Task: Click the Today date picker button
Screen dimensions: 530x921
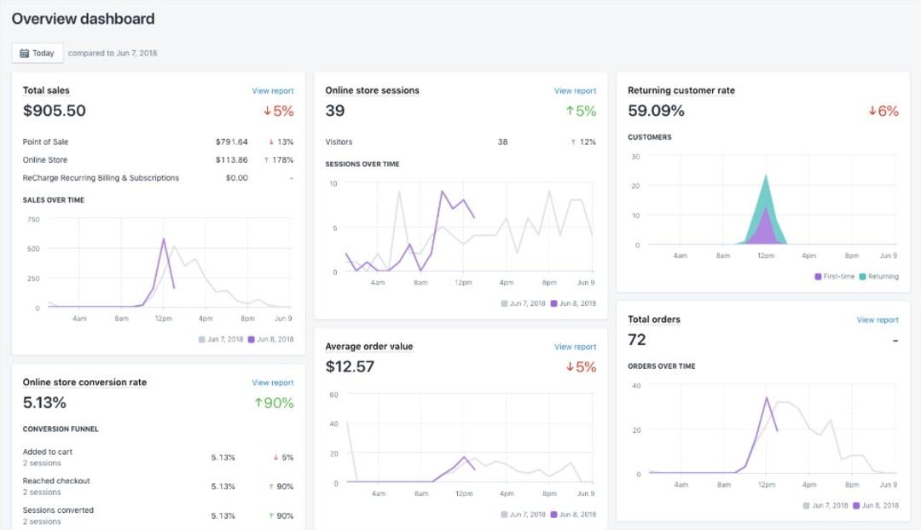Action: (37, 53)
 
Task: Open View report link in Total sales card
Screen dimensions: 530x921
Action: (272, 91)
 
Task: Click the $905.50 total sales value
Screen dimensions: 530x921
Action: (55, 111)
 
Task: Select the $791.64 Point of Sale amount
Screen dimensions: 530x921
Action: (231, 142)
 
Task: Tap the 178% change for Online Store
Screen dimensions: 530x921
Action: (280, 160)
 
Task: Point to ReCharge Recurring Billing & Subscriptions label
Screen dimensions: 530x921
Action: (101, 178)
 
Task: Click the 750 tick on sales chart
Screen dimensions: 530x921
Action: (33, 219)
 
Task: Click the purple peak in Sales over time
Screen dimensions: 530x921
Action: (163, 239)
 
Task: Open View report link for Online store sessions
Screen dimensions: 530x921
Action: (575, 91)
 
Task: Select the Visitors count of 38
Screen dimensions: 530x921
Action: (503, 142)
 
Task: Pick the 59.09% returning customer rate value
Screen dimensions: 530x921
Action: (656, 111)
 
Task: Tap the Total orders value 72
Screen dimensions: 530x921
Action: (637, 340)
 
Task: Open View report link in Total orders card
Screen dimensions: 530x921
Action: (878, 320)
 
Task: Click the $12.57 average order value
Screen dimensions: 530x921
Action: (350, 366)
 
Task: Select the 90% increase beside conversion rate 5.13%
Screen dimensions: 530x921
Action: (274, 403)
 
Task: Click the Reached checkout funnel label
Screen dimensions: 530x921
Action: (56, 481)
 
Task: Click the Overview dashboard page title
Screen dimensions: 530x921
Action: (83, 19)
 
